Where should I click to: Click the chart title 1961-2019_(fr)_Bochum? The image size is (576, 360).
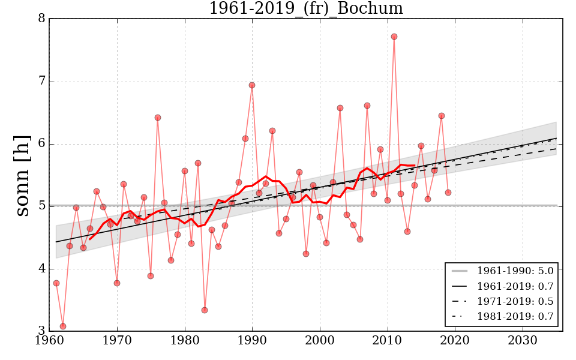point(305,8)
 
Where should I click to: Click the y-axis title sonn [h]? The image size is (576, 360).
point(22,175)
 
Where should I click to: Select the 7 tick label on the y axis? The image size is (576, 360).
point(41,82)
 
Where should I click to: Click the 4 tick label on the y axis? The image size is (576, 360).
point(41,268)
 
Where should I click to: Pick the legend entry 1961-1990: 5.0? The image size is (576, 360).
point(515,271)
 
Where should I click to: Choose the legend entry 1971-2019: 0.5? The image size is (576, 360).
point(515,301)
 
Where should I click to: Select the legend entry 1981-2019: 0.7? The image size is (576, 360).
point(515,316)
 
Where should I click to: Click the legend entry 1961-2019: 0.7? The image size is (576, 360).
point(515,286)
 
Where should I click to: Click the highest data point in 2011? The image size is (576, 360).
point(394,37)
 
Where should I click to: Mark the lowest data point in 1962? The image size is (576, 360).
point(63,326)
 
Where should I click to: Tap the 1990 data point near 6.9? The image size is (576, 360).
point(252,85)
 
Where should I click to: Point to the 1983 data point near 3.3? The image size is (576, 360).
point(205,310)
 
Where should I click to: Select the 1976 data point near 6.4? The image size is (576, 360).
point(158,118)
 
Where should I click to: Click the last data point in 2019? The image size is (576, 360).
point(448,193)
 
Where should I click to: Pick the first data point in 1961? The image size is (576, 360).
point(56,283)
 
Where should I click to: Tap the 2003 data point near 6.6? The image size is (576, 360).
point(340,108)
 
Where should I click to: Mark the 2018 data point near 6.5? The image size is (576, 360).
point(442,116)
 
